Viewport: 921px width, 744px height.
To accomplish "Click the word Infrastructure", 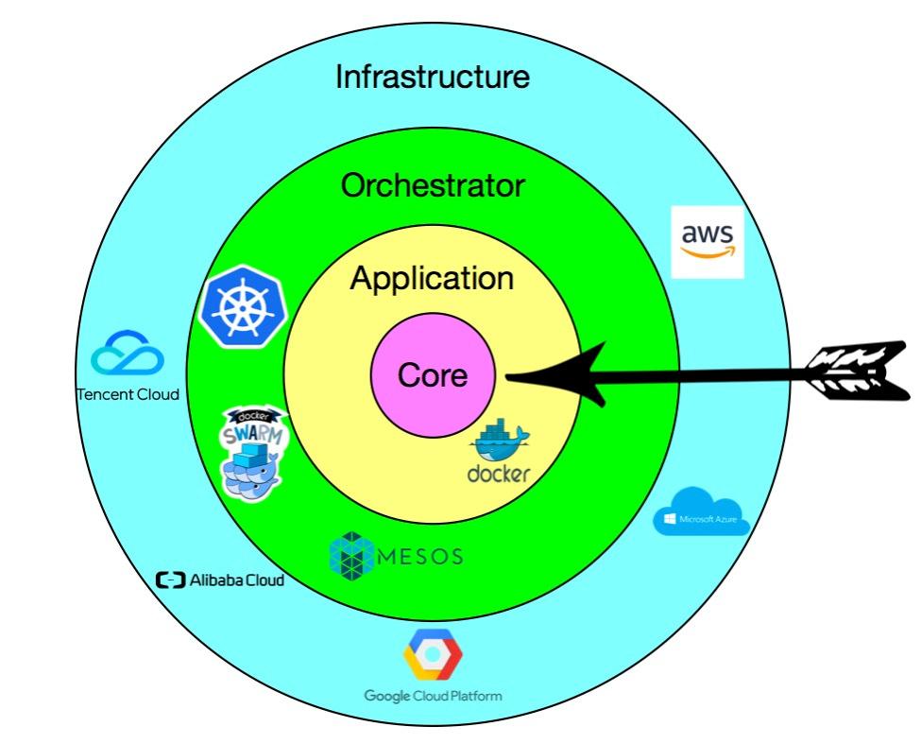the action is [x=433, y=77].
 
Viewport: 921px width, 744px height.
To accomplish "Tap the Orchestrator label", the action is [x=433, y=185].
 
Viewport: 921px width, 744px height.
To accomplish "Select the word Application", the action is [x=433, y=279].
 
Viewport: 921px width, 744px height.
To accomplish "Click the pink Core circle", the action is [x=433, y=375].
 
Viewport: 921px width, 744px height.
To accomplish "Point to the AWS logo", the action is [x=708, y=241].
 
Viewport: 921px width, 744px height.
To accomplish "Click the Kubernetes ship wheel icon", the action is [x=243, y=306].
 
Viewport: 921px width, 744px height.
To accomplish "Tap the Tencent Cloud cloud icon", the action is [x=128, y=353].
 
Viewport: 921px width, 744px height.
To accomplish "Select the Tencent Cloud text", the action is [x=128, y=394].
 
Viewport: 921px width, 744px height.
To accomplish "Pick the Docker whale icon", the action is [x=500, y=441].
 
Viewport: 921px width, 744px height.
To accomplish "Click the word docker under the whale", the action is [x=499, y=474].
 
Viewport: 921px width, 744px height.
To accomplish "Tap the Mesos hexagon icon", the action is [x=351, y=556].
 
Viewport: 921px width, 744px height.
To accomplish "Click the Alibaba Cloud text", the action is [x=237, y=580].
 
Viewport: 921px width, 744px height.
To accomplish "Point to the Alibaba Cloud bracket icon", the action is [x=170, y=580].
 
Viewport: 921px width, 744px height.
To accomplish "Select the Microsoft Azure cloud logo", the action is [x=702, y=511].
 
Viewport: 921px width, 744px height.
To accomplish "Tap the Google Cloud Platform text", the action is [x=433, y=697].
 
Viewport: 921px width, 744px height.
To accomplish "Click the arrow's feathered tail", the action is [x=858, y=372].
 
